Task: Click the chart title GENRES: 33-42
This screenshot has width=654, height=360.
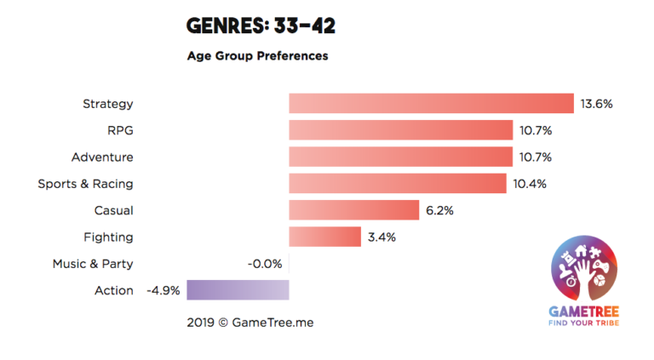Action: [x=261, y=26]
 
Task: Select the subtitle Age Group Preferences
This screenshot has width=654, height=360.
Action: [x=257, y=56]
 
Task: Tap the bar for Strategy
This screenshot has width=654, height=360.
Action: [x=431, y=104]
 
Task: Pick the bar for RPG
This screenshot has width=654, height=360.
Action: [x=400, y=130]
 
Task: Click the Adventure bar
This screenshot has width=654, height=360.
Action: [x=400, y=157]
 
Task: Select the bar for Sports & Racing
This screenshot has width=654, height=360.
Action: [x=398, y=183]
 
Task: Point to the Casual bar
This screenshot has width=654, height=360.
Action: [x=353, y=210]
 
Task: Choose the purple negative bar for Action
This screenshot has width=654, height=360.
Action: [x=238, y=290]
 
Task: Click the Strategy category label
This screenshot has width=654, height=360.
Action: [x=107, y=104]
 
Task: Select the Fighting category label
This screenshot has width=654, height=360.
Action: [x=108, y=237]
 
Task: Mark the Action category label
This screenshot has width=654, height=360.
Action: [x=113, y=290]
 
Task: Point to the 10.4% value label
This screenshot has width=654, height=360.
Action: [x=529, y=183]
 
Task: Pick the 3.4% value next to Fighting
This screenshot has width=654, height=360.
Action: [x=381, y=237]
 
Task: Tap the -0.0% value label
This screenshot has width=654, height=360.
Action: [x=264, y=264]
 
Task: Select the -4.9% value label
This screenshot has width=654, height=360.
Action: [x=163, y=290]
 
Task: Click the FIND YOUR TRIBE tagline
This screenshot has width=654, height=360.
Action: [x=584, y=322]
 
